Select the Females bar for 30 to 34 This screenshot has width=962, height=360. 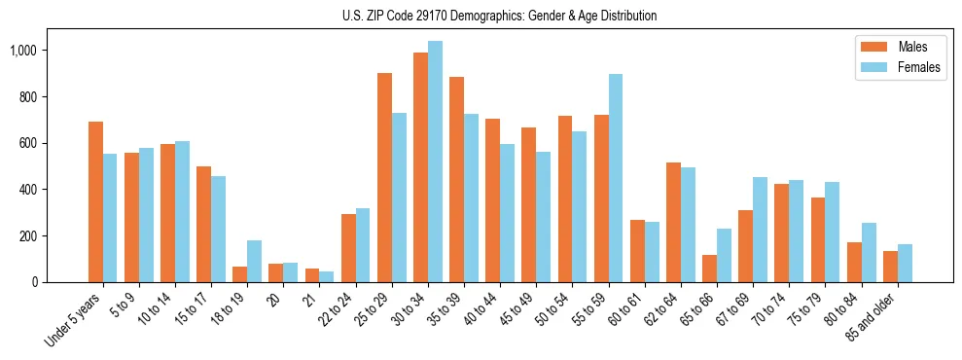tap(435, 162)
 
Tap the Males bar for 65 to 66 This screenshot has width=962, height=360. tap(709, 269)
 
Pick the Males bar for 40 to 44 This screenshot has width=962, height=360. tap(492, 200)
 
